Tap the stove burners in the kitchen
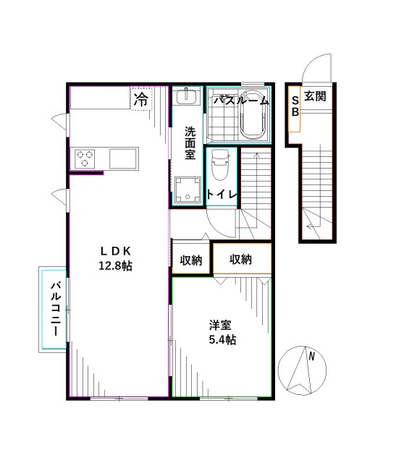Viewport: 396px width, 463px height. pos(85,158)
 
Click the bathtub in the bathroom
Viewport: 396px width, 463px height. pos(254,116)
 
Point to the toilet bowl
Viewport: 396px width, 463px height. pos(220,167)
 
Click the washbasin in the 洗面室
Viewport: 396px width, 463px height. pos(188,98)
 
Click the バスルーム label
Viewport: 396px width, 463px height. pos(240,101)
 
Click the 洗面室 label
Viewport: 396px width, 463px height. pos(190,143)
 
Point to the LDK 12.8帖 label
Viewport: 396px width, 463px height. pos(116,258)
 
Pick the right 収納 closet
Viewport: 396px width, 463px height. pos(241,259)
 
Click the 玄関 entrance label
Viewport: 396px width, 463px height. pos(315,95)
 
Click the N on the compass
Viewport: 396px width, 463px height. pos(311,356)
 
